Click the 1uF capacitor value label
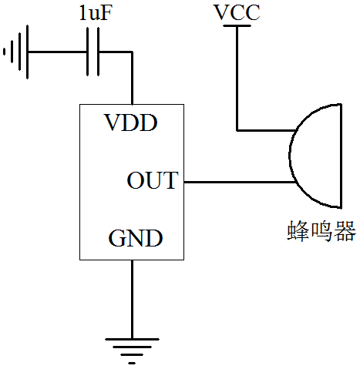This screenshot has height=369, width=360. [96, 13]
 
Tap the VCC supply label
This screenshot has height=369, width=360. [237, 12]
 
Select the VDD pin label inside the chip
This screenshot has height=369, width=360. [130, 122]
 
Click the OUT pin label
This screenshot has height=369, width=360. [153, 180]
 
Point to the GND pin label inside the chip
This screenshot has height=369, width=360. [136, 238]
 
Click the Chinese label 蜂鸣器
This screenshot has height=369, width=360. [321, 230]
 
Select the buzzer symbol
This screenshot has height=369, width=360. [315, 156]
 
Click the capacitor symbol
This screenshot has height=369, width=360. [93, 52]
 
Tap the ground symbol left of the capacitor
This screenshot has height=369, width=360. [16, 52]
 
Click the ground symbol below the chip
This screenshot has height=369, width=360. [132, 351]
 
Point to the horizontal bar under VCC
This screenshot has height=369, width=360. [237, 25]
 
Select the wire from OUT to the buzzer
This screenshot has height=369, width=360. [240, 182]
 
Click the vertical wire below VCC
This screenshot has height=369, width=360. [237, 79]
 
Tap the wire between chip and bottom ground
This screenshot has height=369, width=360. [132, 300]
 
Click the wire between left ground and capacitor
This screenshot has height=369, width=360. [57, 52]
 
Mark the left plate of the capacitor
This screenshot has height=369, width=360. [88, 52]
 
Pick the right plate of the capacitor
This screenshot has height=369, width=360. [98, 52]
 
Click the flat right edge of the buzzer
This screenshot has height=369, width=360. [341, 156]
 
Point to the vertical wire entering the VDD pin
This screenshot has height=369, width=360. [132, 78]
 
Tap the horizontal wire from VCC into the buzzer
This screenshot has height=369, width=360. [266, 130]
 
